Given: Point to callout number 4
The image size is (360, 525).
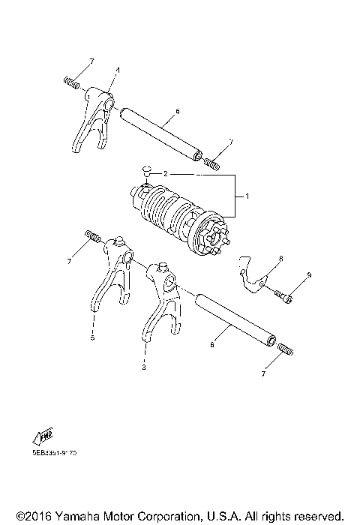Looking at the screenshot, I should point(118,70).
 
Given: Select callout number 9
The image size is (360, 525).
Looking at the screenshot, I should point(308,277).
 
